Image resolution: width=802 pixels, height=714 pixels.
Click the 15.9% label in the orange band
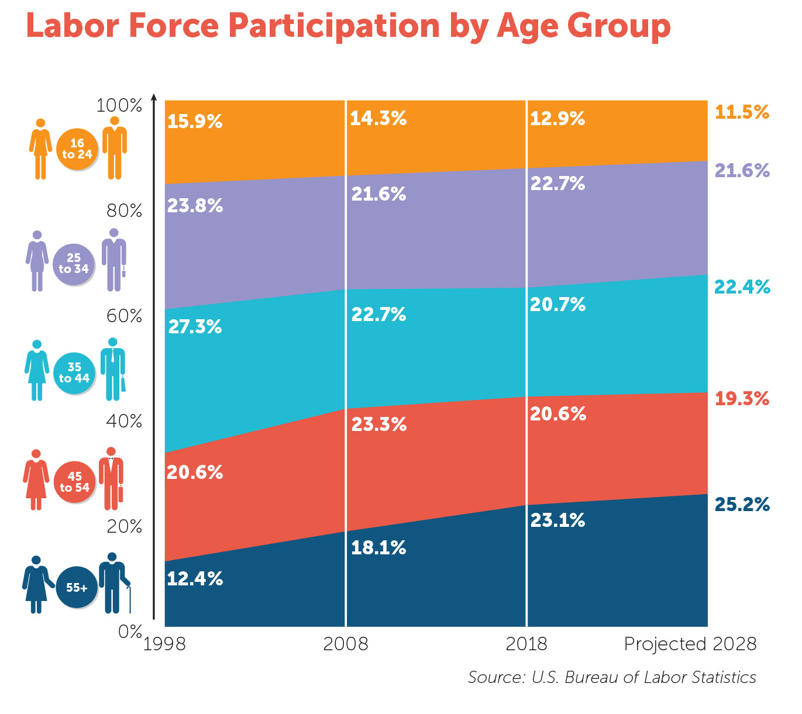point(195,122)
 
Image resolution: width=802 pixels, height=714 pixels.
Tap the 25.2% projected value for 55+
point(742,504)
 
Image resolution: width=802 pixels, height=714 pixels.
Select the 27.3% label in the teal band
point(195,327)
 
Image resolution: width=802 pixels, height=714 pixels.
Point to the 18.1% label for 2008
point(378,548)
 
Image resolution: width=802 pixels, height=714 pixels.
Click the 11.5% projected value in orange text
point(742,112)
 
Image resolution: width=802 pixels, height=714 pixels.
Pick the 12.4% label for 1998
point(195,579)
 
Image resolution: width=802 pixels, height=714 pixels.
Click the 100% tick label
point(119,106)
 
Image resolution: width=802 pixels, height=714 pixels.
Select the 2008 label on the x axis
point(346,644)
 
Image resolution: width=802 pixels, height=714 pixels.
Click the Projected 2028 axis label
point(690,644)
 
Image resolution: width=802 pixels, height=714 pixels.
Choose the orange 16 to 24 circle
point(77,149)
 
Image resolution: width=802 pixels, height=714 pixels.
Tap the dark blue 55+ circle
point(77,587)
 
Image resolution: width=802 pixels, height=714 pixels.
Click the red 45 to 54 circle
point(74,482)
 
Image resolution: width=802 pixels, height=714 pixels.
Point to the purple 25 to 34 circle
point(73,264)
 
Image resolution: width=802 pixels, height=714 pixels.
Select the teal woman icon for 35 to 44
point(37,370)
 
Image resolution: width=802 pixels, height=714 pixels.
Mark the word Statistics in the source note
point(724,677)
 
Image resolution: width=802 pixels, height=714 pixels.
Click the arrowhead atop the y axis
point(154,97)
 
